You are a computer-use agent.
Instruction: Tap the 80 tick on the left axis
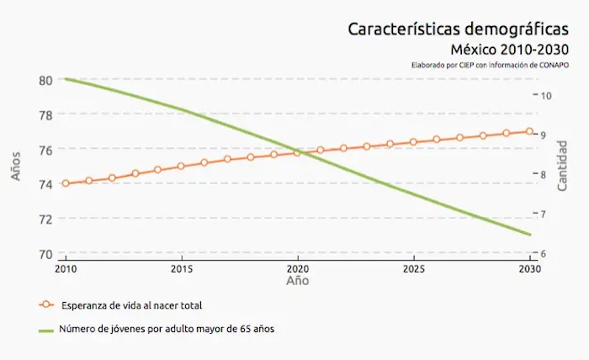pyautogui.click(x=45, y=80)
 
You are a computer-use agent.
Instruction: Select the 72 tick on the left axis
pyautogui.click(x=45, y=219)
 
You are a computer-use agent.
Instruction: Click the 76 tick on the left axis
pyautogui.click(x=45, y=150)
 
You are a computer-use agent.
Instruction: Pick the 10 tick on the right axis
pyautogui.click(x=545, y=95)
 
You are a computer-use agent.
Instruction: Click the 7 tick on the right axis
pyautogui.click(x=545, y=214)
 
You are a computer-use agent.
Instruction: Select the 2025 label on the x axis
pyautogui.click(x=413, y=269)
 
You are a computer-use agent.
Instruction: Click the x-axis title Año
pyautogui.click(x=297, y=280)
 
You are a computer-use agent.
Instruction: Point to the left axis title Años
pyautogui.click(x=16, y=166)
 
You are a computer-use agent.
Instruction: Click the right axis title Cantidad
pyautogui.click(x=562, y=166)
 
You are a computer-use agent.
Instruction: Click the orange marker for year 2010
pyautogui.click(x=66, y=183)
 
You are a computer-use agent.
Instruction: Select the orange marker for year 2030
pyautogui.click(x=530, y=131)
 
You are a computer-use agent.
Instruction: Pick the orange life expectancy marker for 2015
pyautogui.click(x=181, y=166)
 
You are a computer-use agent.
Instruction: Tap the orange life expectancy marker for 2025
pyautogui.click(x=413, y=142)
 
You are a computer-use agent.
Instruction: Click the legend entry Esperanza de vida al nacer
pyautogui.click(x=130, y=304)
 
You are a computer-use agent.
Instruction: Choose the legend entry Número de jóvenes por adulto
pyautogui.click(x=166, y=329)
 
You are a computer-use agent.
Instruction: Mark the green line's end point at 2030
pyautogui.click(x=530, y=235)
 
